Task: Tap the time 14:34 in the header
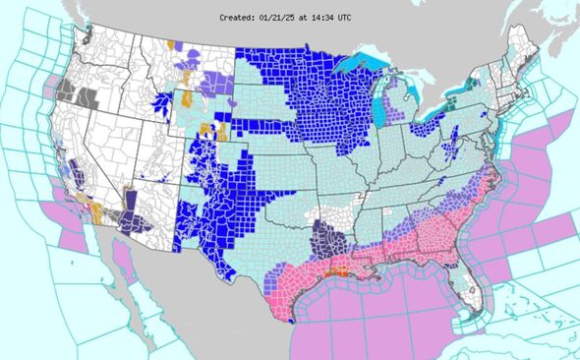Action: pos(323,17)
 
